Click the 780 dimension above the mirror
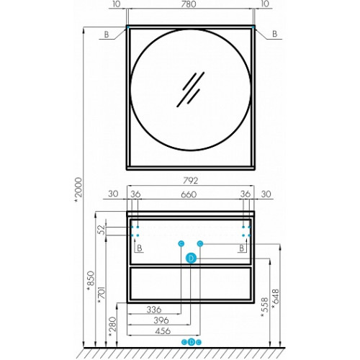(x=189, y=4)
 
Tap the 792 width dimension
(x=191, y=181)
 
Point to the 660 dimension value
(x=189, y=194)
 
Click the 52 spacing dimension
(x=102, y=230)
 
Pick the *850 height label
(x=91, y=281)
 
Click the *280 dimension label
(x=112, y=327)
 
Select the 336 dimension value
(x=154, y=310)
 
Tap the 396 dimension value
(x=161, y=320)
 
